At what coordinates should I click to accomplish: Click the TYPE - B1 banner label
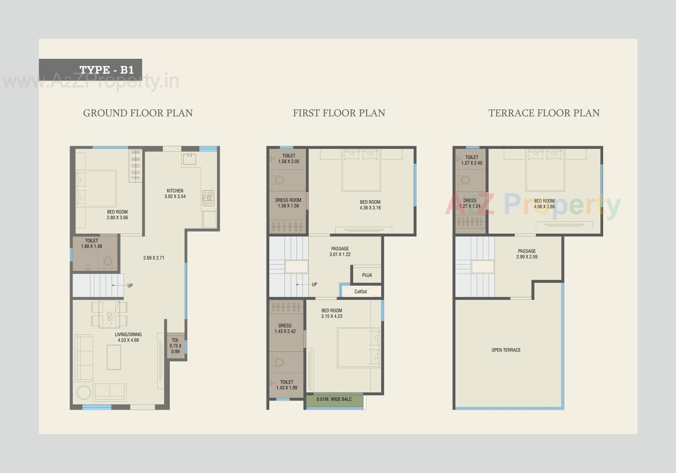point(106,70)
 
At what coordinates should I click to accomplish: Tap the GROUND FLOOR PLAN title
point(138,113)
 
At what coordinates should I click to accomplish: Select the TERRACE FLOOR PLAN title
point(544,113)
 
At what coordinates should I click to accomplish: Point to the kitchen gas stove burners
point(208,198)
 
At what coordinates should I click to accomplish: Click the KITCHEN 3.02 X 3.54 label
point(175,194)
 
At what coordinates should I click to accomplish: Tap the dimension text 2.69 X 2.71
point(154,258)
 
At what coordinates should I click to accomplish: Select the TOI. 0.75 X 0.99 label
point(175,346)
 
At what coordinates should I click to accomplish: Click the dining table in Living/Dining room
point(109,314)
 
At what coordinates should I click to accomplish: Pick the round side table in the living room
point(84,393)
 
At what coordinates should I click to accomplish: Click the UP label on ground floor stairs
point(130,285)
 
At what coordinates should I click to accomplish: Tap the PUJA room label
point(367,275)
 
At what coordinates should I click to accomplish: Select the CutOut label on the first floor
point(361,291)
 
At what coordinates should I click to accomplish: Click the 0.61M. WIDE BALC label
point(334,399)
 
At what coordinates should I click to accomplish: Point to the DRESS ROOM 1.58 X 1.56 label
point(288,203)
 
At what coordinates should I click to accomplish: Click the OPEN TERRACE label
point(506,350)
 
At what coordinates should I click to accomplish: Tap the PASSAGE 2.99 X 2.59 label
point(527,254)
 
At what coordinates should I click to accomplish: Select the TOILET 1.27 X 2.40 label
point(471,160)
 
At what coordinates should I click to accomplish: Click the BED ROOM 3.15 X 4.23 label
point(332,313)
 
